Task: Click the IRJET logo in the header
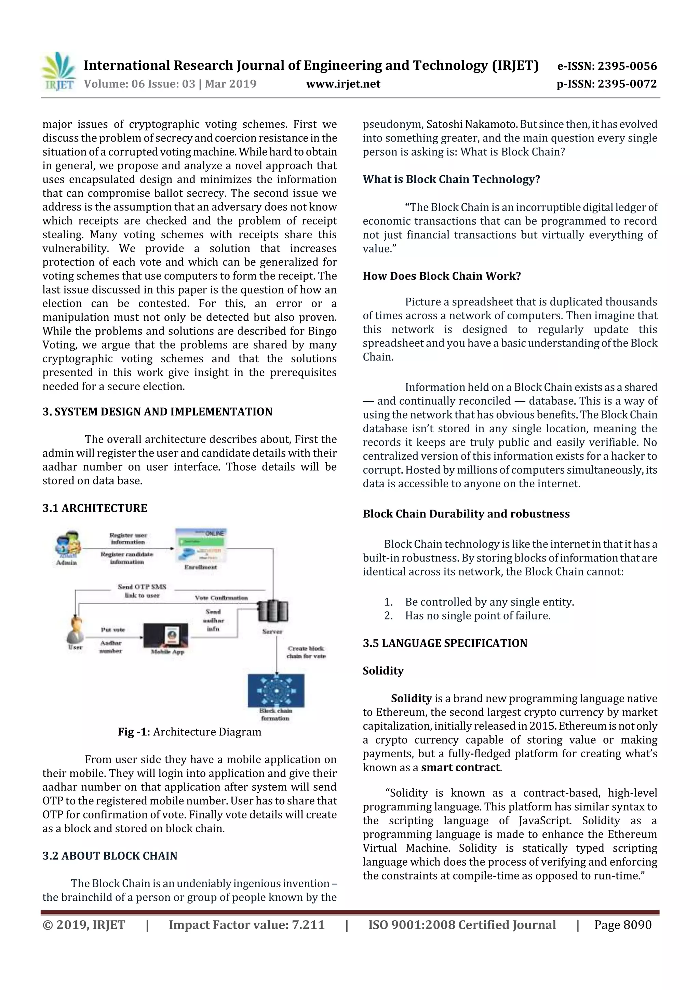(58, 71)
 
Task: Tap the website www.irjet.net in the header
(343, 84)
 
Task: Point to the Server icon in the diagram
(272, 611)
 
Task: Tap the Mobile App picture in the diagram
(166, 636)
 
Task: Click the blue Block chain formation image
(276, 690)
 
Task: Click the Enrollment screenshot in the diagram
(201, 545)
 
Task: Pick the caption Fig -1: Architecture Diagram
(189, 732)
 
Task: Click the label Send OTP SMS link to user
(142, 591)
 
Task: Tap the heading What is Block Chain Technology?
(451, 179)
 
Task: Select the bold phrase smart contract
(461, 768)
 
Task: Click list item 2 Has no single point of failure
(477, 616)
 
